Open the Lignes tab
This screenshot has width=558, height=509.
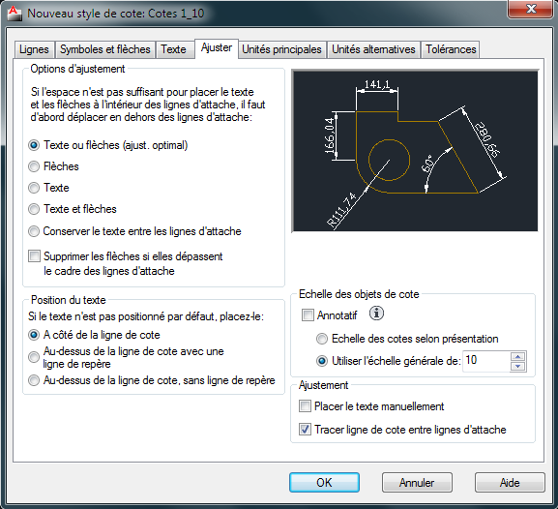click(x=34, y=49)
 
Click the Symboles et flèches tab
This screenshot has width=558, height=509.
click(x=105, y=49)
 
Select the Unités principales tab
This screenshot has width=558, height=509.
click(x=281, y=49)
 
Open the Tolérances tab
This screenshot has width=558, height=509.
click(x=451, y=49)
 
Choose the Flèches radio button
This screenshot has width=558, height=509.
click(x=34, y=166)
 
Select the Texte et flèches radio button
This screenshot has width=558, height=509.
click(x=34, y=209)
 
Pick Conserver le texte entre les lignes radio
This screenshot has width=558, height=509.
click(x=34, y=231)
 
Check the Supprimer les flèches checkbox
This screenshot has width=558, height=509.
click(x=34, y=256)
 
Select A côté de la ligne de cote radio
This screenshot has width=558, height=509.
click(x=34, y=335)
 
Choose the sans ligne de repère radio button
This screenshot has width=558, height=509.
click(x=34, y=380)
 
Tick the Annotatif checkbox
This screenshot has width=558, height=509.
click(x=308, y=314)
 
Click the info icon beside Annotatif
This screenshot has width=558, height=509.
click(x=376, y=314)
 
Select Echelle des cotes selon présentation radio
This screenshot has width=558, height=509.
click(x=322, y=339)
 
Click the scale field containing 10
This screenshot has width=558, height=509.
click(x=486, y=361)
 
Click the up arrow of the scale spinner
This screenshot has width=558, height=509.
click(x=517, y=356)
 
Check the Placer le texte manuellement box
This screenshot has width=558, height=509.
click(x=305, y=406)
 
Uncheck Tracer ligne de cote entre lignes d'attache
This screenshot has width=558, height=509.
click(x=305, y=430)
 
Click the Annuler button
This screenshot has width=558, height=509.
click(x=417, y=483)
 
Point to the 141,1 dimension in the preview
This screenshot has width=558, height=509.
click(x=377, y=84)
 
